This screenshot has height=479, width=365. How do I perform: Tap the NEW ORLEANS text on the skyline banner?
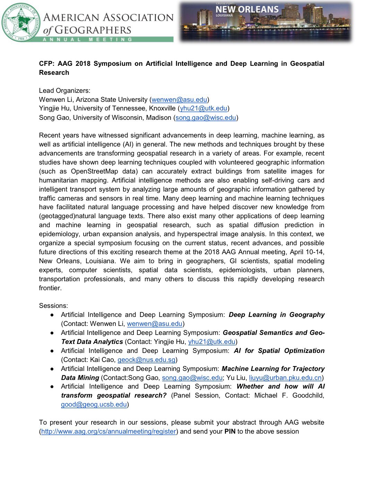pos(247,10)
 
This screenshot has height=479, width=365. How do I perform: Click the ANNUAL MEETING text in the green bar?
pos(87,39)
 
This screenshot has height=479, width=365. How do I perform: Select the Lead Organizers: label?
pos(64,91)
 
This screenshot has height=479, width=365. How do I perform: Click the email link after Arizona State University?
pos(179,100)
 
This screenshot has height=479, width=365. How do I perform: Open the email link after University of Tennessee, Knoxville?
pos(203,109)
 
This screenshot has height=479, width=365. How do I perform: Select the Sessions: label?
pos(53,306)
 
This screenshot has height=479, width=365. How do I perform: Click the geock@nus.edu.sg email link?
pos(146,360)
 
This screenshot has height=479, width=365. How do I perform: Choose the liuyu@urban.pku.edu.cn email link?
pos(285,378)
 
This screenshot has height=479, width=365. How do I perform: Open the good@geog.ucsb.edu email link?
pos(94,405)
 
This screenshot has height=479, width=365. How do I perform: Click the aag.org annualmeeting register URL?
pos(108,432)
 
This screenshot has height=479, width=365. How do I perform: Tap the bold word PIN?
pos(230,432)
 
